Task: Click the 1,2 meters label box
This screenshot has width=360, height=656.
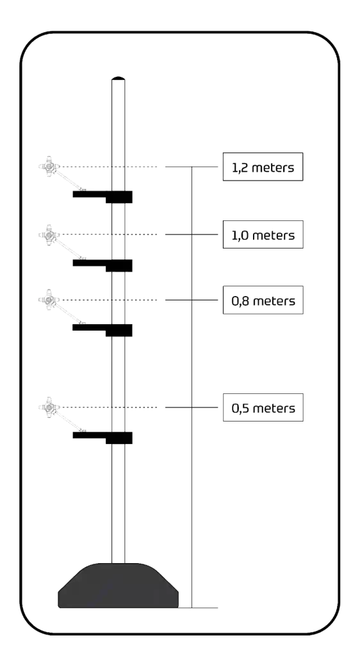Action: (263, 167)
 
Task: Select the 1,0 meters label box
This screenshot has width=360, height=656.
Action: (263, 234)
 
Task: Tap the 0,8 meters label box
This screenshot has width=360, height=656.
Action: (263, 300)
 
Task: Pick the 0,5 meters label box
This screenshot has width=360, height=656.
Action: (263, 407)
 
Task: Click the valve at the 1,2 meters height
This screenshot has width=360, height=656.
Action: (49, 167)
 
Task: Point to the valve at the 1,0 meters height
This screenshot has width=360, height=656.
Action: (49, 234)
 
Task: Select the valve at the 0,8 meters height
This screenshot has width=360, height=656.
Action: (49, 300)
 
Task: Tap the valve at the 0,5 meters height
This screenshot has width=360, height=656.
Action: (49, 407)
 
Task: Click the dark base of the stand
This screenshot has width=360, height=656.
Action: (119, 586)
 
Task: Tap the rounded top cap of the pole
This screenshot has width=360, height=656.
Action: (119, 78)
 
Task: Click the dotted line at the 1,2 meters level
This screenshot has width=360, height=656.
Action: (110, 167)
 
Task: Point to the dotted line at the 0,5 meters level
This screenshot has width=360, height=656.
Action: (110, 407)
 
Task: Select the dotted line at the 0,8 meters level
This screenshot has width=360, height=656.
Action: (110, 300)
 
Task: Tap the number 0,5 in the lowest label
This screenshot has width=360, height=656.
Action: (240, 408)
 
